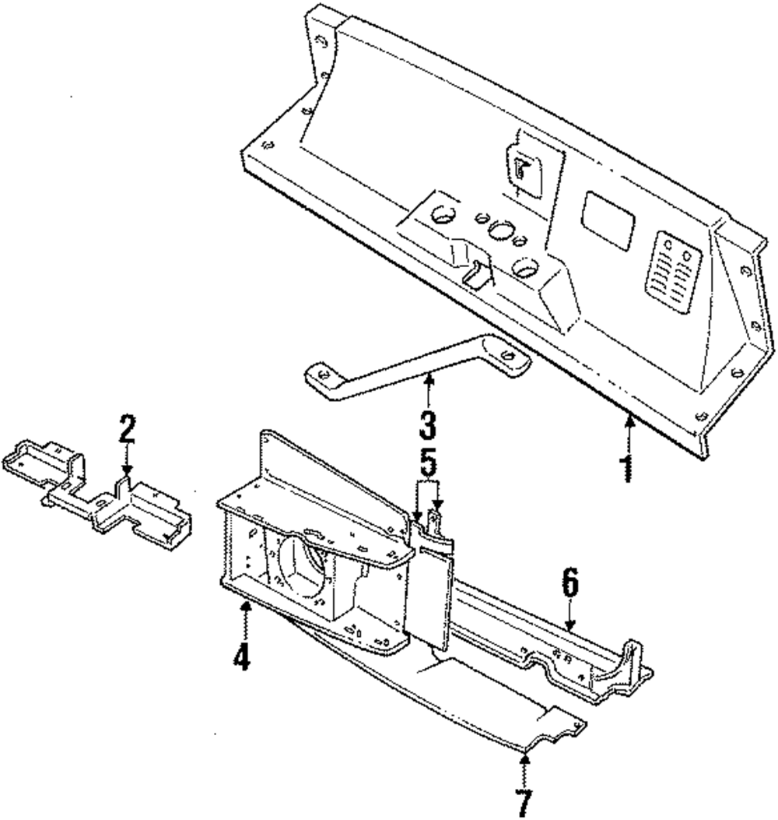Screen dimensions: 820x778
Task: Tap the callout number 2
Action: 127,431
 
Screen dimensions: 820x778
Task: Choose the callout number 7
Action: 526,799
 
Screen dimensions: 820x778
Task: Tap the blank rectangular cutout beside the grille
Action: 609,220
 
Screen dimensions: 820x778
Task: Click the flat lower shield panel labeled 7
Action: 436,701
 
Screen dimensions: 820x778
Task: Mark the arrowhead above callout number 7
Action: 526,755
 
